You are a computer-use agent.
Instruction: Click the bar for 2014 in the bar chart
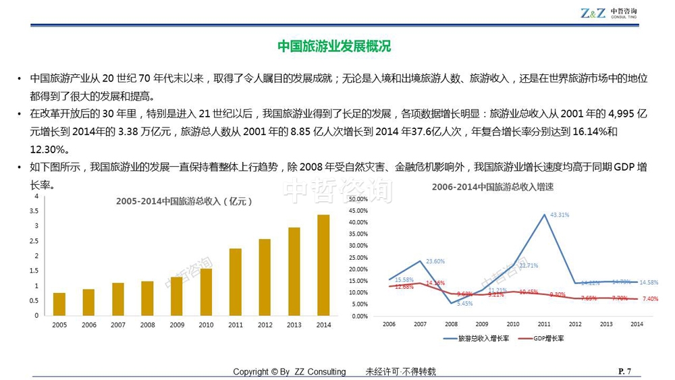323,265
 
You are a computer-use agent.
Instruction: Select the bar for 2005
59,304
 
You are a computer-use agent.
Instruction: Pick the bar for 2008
147,298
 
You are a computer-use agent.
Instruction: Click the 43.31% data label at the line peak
560,215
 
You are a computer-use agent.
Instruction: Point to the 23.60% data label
435,261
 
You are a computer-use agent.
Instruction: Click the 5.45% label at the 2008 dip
465,304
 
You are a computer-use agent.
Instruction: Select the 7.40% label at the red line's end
650,299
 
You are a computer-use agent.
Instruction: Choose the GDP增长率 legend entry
543,338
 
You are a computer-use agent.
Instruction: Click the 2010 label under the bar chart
206,325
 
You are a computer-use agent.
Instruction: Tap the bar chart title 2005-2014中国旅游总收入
184,200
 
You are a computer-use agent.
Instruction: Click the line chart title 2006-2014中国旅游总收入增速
493,187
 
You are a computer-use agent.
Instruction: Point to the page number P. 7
624,371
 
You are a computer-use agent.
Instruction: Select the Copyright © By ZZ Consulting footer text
289,372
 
